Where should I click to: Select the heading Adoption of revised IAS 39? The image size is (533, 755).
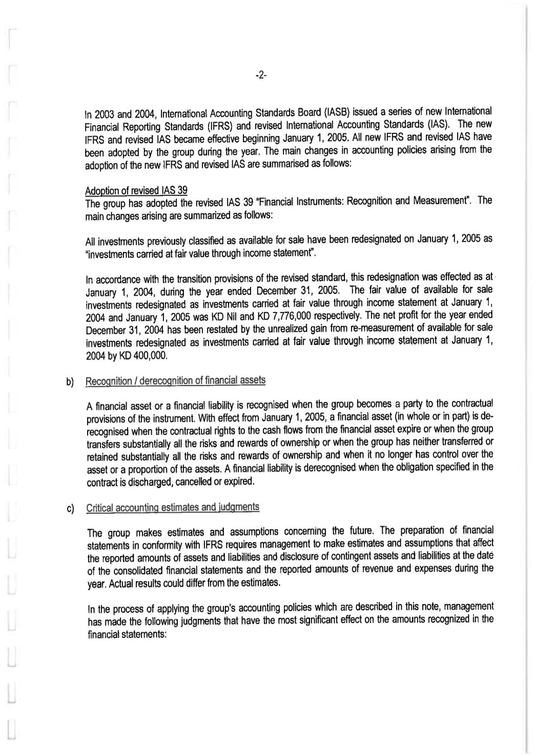pyautogui.click(x=136, y=191)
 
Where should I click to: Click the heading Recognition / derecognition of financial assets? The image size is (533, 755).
pyautogui.click(x=176, y=381)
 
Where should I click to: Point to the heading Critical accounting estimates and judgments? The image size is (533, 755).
pyautogui.click(x=173, y=508)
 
